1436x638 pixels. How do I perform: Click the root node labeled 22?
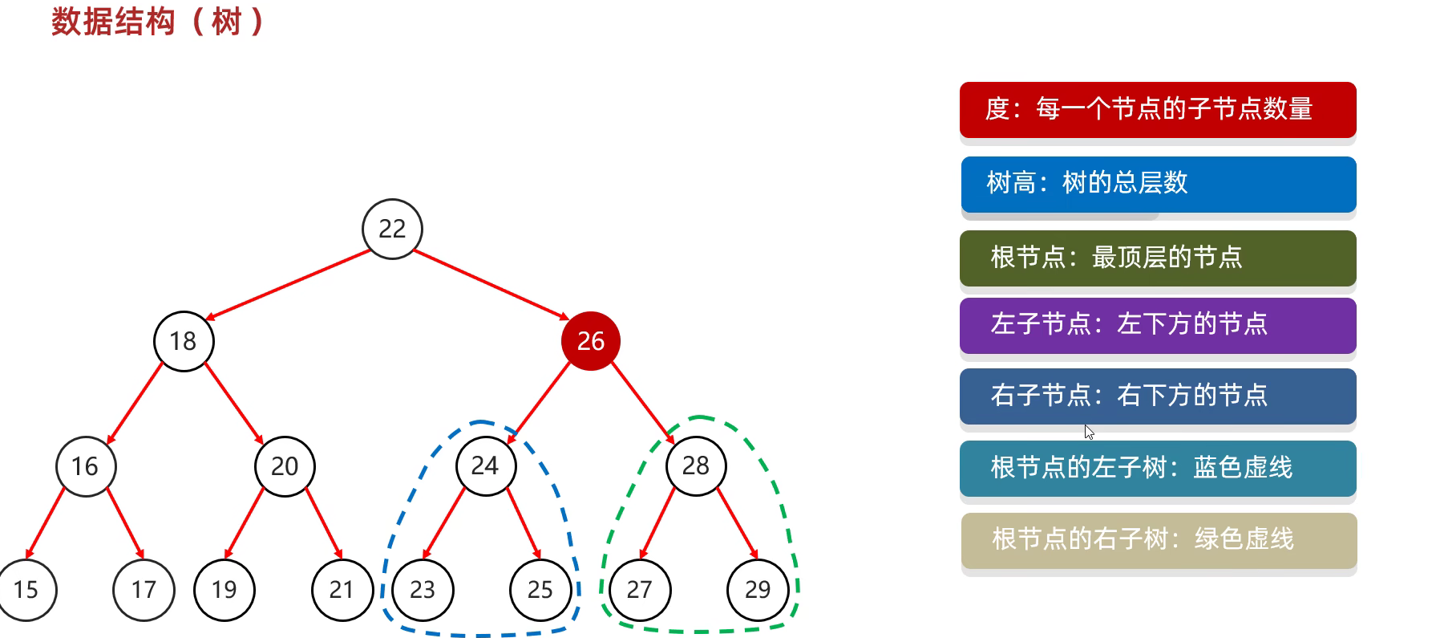pos(392,229)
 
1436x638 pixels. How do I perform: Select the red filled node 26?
pos(591,341)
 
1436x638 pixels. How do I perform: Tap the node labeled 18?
pos(184,341)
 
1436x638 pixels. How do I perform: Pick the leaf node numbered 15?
pos(26,590)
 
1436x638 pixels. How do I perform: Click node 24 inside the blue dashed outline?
pos(485,465)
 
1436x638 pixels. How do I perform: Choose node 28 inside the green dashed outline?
pos(696,465)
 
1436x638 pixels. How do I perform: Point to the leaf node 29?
pos(758,590)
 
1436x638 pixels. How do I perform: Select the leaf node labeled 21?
pos(342,590)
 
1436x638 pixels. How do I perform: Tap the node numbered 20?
pos(285,466)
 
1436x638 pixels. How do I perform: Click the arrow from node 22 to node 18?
pos(289,285)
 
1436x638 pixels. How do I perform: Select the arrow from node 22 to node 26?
pos(491,285)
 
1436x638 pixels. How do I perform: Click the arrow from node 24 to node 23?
pos(444,522)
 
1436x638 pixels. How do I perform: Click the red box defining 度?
pos(1158,109)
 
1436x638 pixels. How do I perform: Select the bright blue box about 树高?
pos(1158,184)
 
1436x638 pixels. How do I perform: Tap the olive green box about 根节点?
pos(1158,258)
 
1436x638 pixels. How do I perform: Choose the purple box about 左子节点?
pos(1158,325)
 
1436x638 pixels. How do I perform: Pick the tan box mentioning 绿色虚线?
pos(1159,539)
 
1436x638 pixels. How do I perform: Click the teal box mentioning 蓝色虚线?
pos(1158,468)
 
